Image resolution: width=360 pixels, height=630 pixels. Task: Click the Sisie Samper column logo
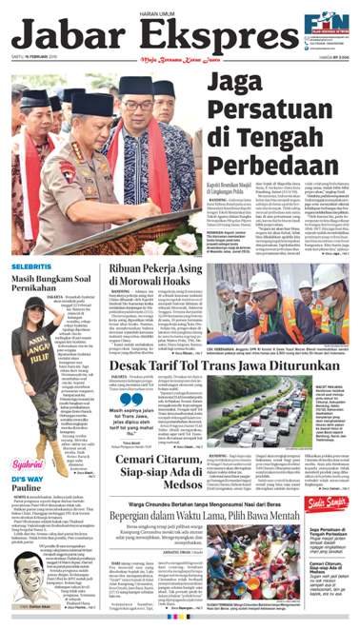330,503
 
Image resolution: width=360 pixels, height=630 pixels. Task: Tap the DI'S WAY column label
28,477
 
